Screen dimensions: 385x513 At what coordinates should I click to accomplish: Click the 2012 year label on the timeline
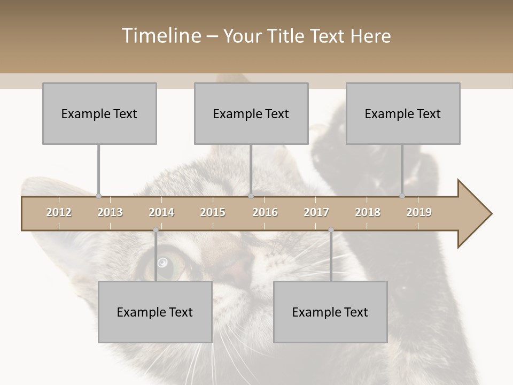pos(59,212)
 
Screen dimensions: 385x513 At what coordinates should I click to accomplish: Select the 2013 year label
pos(110,212)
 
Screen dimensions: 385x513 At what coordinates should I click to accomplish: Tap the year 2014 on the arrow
pos(161,212)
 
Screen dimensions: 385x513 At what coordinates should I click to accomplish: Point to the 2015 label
pos(213,212)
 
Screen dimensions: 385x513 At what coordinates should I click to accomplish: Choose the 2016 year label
pos(265,212)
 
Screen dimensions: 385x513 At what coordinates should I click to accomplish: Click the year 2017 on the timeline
pos(316,212)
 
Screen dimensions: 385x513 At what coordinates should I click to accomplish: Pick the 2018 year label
pos(368,212)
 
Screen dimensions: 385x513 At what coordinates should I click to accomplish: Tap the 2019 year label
pos(419,212)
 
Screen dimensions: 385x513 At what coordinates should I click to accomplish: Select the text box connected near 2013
pos(99,113)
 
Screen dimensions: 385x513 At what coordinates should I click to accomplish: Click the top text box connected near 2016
pos(251,113)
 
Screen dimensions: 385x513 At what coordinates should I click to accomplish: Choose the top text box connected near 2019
pos(403,113)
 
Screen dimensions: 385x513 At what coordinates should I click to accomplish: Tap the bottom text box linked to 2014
pos(155,312)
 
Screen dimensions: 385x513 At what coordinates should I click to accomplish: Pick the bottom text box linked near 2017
pos(330,312)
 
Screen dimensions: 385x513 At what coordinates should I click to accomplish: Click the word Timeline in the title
pos(161,36)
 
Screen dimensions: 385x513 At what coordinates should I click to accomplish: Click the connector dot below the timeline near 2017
pos(331,230)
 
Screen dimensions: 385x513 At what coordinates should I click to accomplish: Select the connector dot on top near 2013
pos(98,196)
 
